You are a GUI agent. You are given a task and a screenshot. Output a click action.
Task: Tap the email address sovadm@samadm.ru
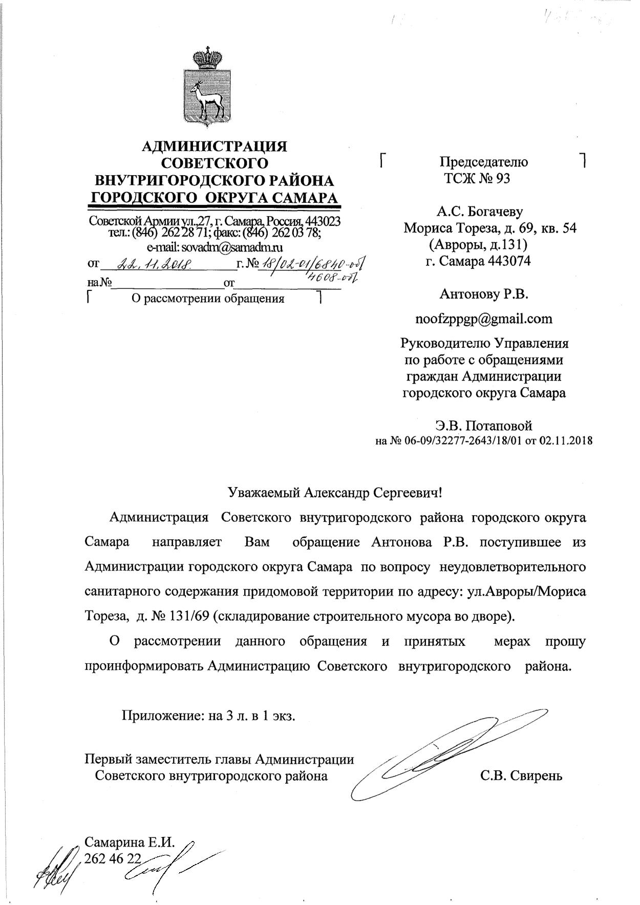[215, 247]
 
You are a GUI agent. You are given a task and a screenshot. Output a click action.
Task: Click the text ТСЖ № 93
[477, 179]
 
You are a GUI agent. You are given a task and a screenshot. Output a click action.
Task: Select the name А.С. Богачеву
[479, 212]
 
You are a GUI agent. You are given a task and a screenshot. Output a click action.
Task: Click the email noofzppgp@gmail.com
[483, 319]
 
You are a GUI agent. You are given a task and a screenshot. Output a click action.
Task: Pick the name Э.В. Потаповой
[483, 425]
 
